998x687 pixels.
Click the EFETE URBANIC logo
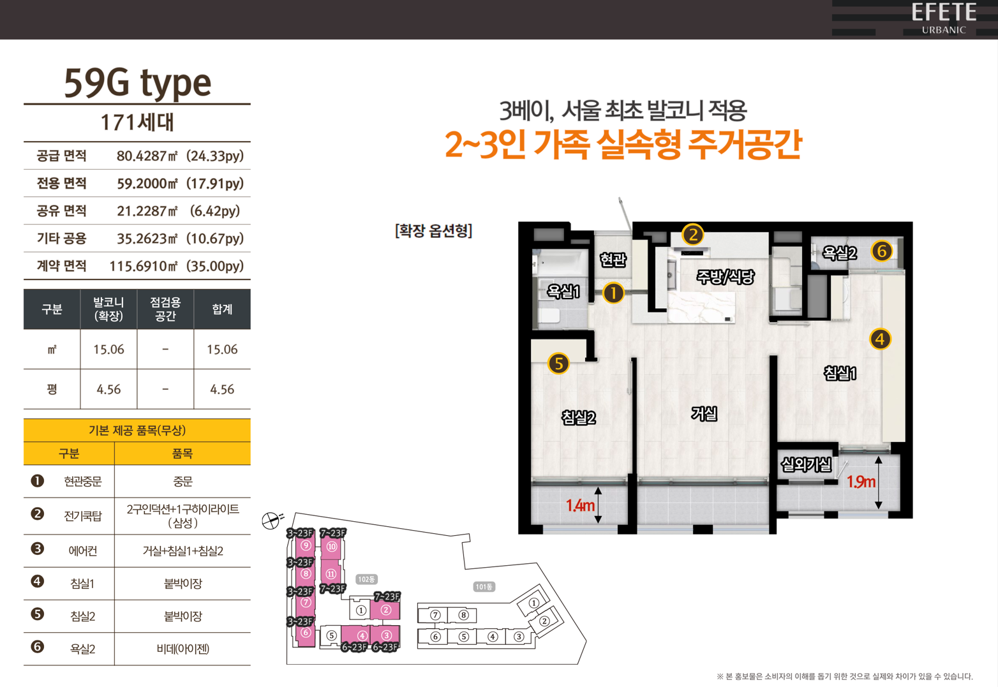tap(944, 18)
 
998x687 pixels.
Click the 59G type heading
tap(137, 84)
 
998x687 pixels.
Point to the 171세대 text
tap(137, 122)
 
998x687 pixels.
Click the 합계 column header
tap(222, 309)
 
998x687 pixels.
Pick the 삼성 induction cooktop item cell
tap(182, 516)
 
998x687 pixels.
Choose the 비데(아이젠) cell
tap(182, 649)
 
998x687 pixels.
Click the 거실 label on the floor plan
tap(704, 413)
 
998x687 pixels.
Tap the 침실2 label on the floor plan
tap(578, 417)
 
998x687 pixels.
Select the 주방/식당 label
tap(726, 277)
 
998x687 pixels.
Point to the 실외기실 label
tap(807, 464)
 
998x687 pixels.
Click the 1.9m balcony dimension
tap(861, 482)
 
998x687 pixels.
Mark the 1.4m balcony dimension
tap(580, 505)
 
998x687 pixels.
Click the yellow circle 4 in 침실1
tap(880, 339)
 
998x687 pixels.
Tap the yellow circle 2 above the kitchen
tap(693, 234)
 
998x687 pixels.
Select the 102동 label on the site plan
tap(367, 579)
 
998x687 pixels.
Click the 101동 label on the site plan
tap(484, 587)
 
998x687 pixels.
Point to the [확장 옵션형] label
tap(433, 231)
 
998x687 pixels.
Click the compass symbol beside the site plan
tap(272, 520)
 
